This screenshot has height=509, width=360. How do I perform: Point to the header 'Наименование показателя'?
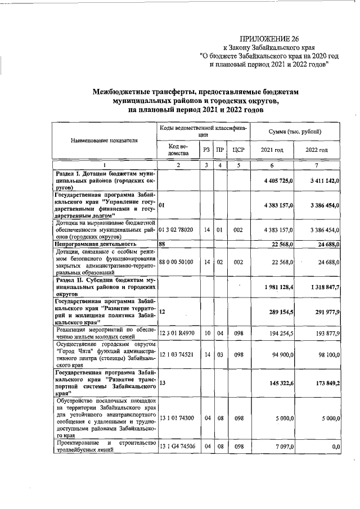pyautogui.click(x=104, y=140)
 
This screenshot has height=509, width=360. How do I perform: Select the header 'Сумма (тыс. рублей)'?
pyautogui.click(x=294, y=131)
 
